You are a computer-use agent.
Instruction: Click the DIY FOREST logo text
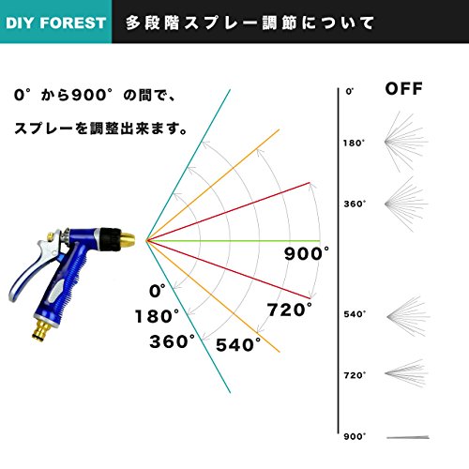pyautogui.click(x=55, y=23)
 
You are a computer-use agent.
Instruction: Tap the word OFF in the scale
pyautogui.click(x=403, y=88)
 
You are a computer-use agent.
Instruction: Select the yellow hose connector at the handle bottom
pyautogui.click(x=43, y=329)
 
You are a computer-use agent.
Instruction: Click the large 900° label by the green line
pyautogui.click(x=307, y=253)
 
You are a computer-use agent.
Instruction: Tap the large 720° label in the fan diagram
pyautogui.click(x=290, y=310)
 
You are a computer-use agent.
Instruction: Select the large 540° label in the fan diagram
pyautogui.click(x=238, y=345)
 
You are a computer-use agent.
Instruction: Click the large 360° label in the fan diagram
pyautogui.click(x=172, y=341)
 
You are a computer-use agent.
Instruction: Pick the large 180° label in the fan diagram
pyautogui.click(x=157, y=316)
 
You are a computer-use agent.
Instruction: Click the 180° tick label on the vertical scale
pyautogui.click(x=354, y=143)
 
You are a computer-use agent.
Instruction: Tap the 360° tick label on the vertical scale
pyautogui.click(x=355, y=204)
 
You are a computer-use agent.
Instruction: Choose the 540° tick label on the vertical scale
pyautogui.click(x=355, y=314)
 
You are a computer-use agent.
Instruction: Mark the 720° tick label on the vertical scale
pyautogui.click(x=355, y=375)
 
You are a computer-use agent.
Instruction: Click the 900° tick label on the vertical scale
pyautogui.click(x=355, y=436)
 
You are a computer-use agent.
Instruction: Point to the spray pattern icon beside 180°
pyautogui.click(x=405, y=142)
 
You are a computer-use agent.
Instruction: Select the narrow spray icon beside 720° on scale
pyautogui.click(x=405, y=373)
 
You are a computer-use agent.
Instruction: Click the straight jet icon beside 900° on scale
pyautogui.click(x=408, y=437)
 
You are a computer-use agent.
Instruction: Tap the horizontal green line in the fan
pyautogui.click(x=234, y=241)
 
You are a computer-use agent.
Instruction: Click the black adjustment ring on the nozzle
pyautogui.click(x=110, y=239)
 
